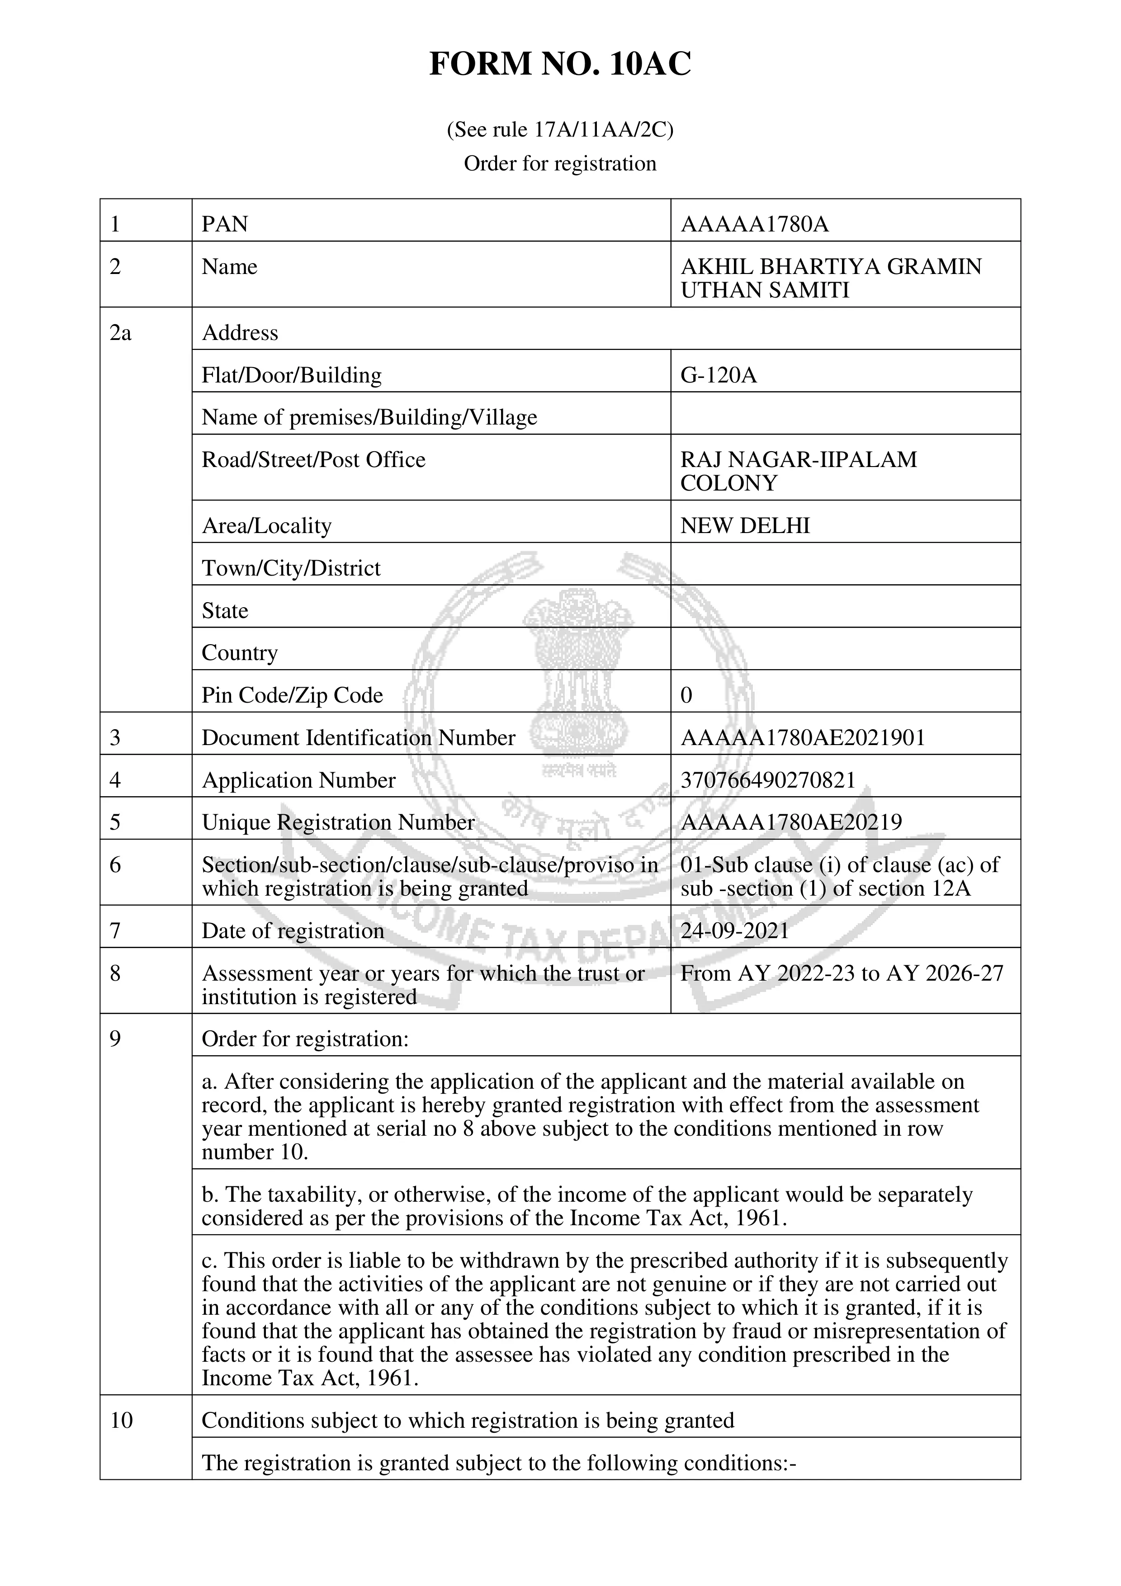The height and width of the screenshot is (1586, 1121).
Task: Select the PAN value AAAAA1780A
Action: tap(754, 225)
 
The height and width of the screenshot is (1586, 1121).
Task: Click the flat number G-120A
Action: tap(719, 375)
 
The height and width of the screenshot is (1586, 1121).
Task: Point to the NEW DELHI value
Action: tap(745, 526)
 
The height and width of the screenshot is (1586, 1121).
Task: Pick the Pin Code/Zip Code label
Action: tap(292, 695)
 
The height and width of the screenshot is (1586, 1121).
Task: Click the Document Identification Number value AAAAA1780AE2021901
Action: tap(803, 738)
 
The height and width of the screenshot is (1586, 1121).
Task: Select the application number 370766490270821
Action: tap(768, 780)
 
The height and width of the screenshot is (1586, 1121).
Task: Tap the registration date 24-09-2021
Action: tap(735, 930)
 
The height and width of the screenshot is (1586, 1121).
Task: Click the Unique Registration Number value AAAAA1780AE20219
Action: tap(791, 822)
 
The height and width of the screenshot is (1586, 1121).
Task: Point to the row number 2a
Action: tap(120, 333)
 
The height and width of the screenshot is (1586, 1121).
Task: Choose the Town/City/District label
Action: tap(291, 568)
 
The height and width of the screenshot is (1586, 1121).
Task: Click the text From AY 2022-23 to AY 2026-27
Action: tap(841, 973)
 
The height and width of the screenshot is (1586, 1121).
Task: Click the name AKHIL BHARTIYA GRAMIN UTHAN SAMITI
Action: tap(830, 278)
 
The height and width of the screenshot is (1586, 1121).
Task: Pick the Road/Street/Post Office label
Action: tap(313, 459)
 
